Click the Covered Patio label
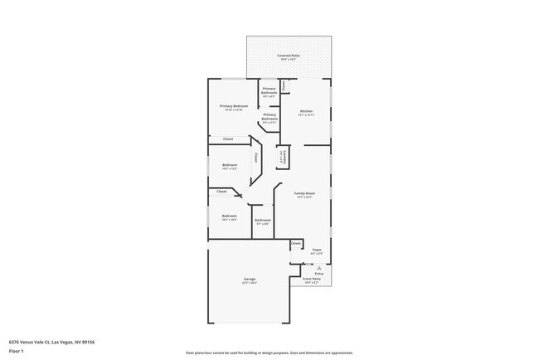tap(289, 56)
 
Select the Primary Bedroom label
tap(234, 106)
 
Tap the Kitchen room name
tap(306, 111)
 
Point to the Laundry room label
tap(282, 156)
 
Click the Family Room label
tap(304, 193)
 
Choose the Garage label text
tap(249, 279)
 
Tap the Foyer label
tap(316, 249)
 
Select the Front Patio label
tap(311, 279)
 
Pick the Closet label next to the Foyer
tap(295, 243)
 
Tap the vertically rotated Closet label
tap(256, 157)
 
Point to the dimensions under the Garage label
tap(249, 283)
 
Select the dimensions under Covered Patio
tap(289, 60)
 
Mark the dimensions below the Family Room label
tap(304, 197)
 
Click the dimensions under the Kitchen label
tap(306, 115)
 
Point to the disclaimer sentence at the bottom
tap(269, 353)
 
